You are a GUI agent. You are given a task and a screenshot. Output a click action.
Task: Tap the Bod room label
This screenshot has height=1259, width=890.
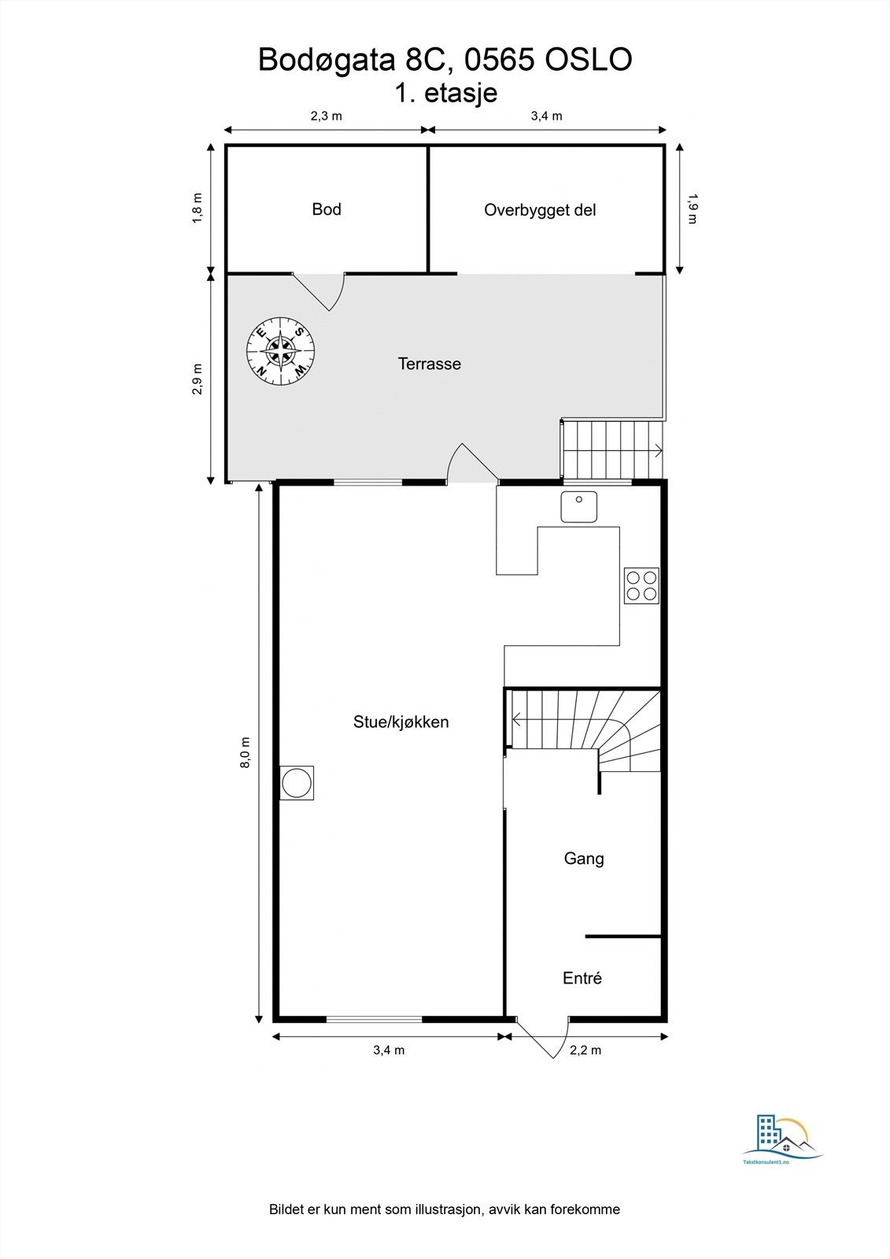327,209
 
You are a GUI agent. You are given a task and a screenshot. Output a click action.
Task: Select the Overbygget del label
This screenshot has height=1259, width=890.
540,210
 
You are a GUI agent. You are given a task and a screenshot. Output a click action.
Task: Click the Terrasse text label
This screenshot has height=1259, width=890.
429,364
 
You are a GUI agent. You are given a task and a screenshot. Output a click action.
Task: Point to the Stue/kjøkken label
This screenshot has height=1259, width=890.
401,722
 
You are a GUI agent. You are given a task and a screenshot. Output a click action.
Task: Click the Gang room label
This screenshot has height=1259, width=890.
584,858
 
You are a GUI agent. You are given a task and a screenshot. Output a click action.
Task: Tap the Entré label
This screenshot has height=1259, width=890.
582,978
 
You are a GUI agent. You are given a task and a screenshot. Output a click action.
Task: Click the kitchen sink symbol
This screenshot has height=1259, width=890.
579,506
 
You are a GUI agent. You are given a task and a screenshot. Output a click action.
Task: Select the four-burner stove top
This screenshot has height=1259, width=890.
641,586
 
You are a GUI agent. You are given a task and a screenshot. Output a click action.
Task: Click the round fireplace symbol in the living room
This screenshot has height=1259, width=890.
297,784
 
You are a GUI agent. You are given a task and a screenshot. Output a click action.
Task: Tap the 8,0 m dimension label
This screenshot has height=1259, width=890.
246,752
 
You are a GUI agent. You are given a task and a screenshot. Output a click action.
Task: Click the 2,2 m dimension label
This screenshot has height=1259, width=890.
585,1050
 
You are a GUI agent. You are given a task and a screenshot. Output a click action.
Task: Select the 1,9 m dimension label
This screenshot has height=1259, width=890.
692,209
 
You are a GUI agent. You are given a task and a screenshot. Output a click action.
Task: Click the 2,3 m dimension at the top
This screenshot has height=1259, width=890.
326,116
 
